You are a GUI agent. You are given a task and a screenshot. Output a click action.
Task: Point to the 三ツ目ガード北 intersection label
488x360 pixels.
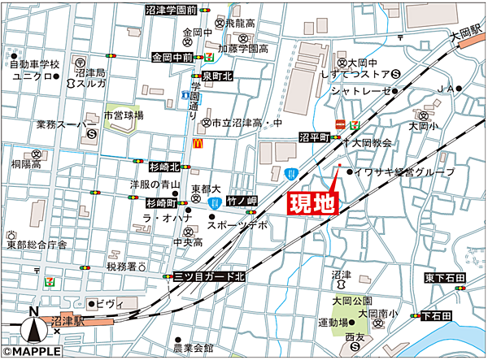[x=209, y=277]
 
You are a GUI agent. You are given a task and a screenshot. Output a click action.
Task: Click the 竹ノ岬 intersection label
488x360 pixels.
[x=242, y=200]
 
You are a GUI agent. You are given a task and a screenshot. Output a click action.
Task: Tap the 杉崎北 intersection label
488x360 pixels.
[x=163, y=167]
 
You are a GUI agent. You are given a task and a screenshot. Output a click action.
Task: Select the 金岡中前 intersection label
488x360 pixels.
[x=172, y=59]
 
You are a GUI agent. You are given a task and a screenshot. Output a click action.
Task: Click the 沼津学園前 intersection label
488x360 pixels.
[x=171, y=11]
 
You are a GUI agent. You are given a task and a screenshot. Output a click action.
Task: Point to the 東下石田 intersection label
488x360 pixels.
[x=444, y=280]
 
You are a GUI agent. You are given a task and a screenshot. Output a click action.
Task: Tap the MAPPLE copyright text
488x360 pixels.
[x=33, y=352]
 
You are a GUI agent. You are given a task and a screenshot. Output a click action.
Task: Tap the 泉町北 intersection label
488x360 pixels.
[x=218, y=76]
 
